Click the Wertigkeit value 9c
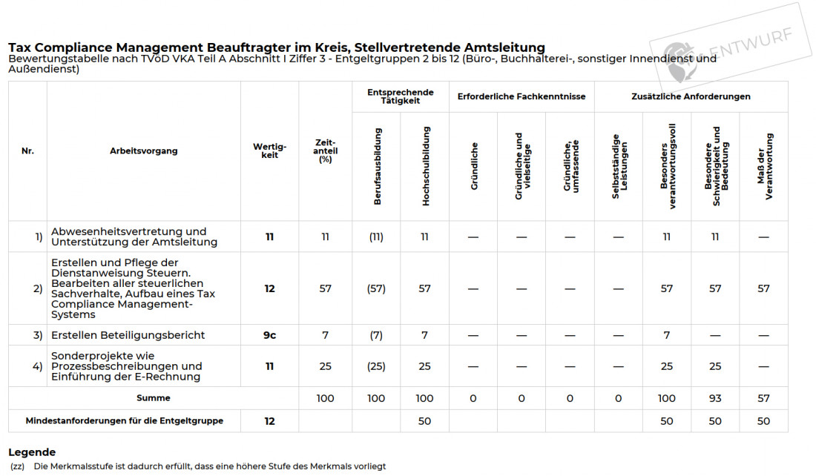click(269, 335)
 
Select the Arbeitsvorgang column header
click(143, 151)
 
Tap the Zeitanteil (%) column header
click(325, 151)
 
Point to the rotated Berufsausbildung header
click(377, 166)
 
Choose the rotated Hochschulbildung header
click(425, 166)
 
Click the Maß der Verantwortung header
click(764, 166)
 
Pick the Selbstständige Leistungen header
click(619, 166)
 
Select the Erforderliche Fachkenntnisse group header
click(521, 96)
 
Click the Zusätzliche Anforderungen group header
click(691, 96)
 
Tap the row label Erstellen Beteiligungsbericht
click(128, 335)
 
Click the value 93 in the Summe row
click(715, 398)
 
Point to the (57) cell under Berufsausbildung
click(376, 288)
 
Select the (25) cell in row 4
click(376, 366)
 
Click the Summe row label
click(153, 398)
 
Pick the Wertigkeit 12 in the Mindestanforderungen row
click(269, 421)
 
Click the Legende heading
click(32, 452)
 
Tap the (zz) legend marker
click(18, 466)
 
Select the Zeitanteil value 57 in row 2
click(325, 288)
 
